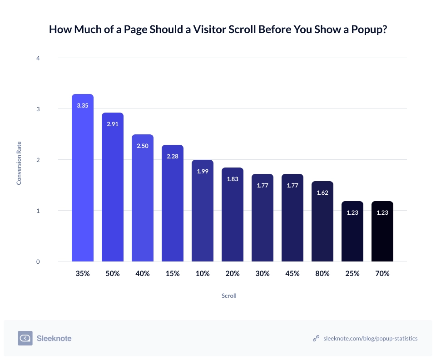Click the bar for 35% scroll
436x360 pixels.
coord(83,182)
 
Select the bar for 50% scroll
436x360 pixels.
coord(113,191)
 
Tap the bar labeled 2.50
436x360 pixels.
coord(143,200)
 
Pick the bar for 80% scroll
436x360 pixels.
coord(322,222)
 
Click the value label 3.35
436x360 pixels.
coord(83,105)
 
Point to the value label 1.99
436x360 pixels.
coord(203,171)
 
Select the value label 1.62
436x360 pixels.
coord(322,192)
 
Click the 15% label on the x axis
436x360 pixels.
coord(173,274)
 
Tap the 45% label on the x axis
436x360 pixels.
coord(292,274)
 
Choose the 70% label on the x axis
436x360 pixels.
coord(382,274)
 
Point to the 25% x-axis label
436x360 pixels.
coord(352,274)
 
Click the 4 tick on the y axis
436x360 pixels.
coord(38,58)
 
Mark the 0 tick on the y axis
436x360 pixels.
coord(38,261)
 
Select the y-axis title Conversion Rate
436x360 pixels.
coord(19,160)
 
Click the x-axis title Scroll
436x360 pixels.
coord(229,296)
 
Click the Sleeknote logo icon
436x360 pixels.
coord(25,338)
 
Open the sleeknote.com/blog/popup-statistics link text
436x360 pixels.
coord(370,338)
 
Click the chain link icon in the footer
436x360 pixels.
coord(316,338)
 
